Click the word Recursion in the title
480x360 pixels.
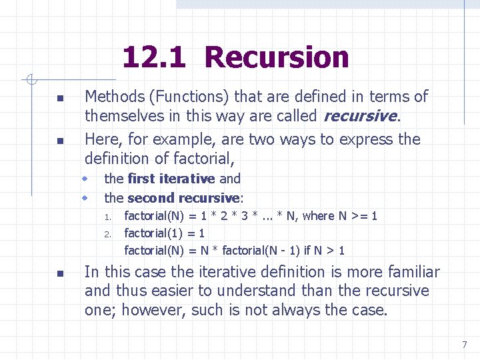pyautogui.click(x=277, y=58)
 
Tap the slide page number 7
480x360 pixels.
pyautogui.click(x=465, y=345)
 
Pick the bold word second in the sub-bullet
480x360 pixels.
pyautogui.click(x=149, y=198)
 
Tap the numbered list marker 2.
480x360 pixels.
pyautogui.click(x=107, y=234)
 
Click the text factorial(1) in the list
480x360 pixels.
pyautogui.click(x=154, y=233)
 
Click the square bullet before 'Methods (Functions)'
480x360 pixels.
pyautogui.click(x=60, y=99)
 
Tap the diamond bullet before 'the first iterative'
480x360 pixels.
pyautogui.click(x=86, y=179)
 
